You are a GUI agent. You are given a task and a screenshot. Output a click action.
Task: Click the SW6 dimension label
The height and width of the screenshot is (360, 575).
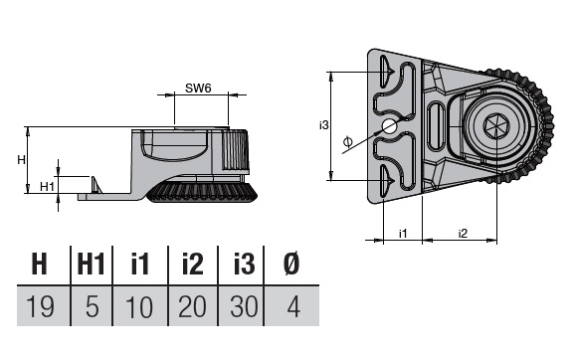(x=198, y=88)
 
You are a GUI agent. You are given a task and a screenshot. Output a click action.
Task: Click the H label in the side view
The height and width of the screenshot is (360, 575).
(x=21, y=160)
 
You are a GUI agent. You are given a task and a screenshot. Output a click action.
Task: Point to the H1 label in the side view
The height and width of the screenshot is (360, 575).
(x=47, y=187)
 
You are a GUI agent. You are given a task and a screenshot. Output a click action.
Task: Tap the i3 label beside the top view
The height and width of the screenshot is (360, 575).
(x=323, y=125)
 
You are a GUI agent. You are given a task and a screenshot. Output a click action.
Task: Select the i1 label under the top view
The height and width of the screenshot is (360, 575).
(x=403, y=233)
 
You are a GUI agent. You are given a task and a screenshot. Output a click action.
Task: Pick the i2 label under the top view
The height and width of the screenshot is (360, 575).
(x=463, y=233)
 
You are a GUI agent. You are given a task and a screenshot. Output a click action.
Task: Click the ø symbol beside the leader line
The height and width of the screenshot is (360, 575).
(x=348, y=141)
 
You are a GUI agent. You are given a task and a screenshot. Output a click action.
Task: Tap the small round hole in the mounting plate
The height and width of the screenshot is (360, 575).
(x=389, y=127)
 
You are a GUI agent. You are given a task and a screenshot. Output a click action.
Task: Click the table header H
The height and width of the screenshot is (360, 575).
(x=40, y=264)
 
